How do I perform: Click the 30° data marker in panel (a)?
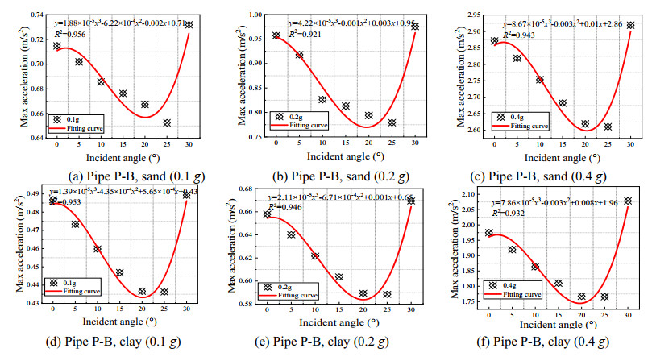pyautogui.click(x=189, y=25)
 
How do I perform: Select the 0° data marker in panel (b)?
pyautogui.click(x=276, y=35)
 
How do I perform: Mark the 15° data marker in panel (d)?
pyautogui.click(x=119, y=272)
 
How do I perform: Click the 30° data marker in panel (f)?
pyautogui.click(x=628, y=201)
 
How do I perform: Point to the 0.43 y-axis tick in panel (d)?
pyautogui.click(x=35, y=303)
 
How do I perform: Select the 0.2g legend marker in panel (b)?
pyautogui.click(x=280, y=116)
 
